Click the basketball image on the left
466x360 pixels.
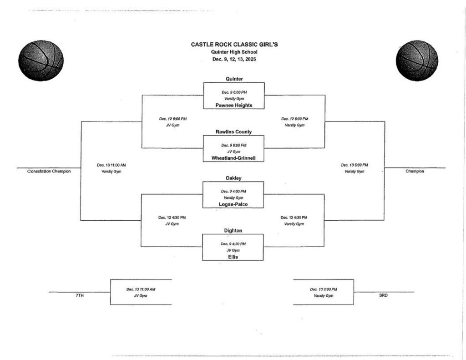coord(41,61)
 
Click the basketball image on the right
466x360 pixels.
coord(417,61)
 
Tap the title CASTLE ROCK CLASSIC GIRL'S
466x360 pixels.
coord(234,45)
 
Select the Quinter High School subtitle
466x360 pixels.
coord(234,52)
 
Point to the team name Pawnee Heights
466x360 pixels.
coord(234,105)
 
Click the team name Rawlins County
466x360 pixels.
coord(233,132)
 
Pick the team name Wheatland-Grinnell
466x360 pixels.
coord(233,158)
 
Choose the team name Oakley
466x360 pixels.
coord(233,178)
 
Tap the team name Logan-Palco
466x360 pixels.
coord(233,204)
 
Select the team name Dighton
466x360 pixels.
coord(233,231)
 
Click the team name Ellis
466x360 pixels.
coord(233,257)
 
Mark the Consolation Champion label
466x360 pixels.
coord(49,172)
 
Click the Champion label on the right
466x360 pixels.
coord(415,172)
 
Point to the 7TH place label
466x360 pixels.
coord(80,296)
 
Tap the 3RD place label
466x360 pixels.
coord(383,296)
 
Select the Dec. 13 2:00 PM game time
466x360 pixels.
coord(324,289)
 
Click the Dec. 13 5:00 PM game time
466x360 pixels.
coord(355,165)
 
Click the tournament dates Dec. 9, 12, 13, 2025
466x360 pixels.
coord(234,59)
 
